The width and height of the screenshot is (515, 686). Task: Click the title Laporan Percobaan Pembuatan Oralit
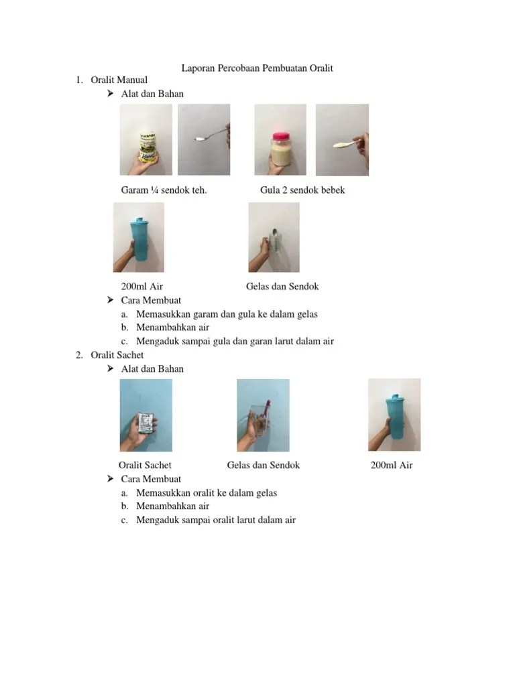[257, 68]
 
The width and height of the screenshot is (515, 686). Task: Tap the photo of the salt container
[146, 139]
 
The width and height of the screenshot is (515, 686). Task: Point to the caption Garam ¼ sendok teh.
[164, 190]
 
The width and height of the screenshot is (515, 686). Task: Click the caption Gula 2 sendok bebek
[302, 190]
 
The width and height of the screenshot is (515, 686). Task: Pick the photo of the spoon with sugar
[342, 139]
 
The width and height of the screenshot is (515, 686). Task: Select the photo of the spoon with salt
[204, 139]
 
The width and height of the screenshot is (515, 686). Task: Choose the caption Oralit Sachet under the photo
[145, 465]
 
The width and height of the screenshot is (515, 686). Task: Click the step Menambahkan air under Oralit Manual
[172, 328]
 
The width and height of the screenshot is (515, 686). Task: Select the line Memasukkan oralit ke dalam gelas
[206, 493]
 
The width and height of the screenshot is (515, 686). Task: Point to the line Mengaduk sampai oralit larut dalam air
[215, 520]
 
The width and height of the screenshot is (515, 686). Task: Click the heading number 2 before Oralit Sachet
[79, 355]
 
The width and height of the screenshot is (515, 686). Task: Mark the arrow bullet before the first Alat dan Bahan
[111, 94]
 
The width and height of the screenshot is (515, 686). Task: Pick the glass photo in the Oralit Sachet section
[263, 415]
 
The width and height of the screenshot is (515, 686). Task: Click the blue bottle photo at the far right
[394, 415]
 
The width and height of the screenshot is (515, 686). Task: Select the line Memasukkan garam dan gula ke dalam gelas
[227, 314]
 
